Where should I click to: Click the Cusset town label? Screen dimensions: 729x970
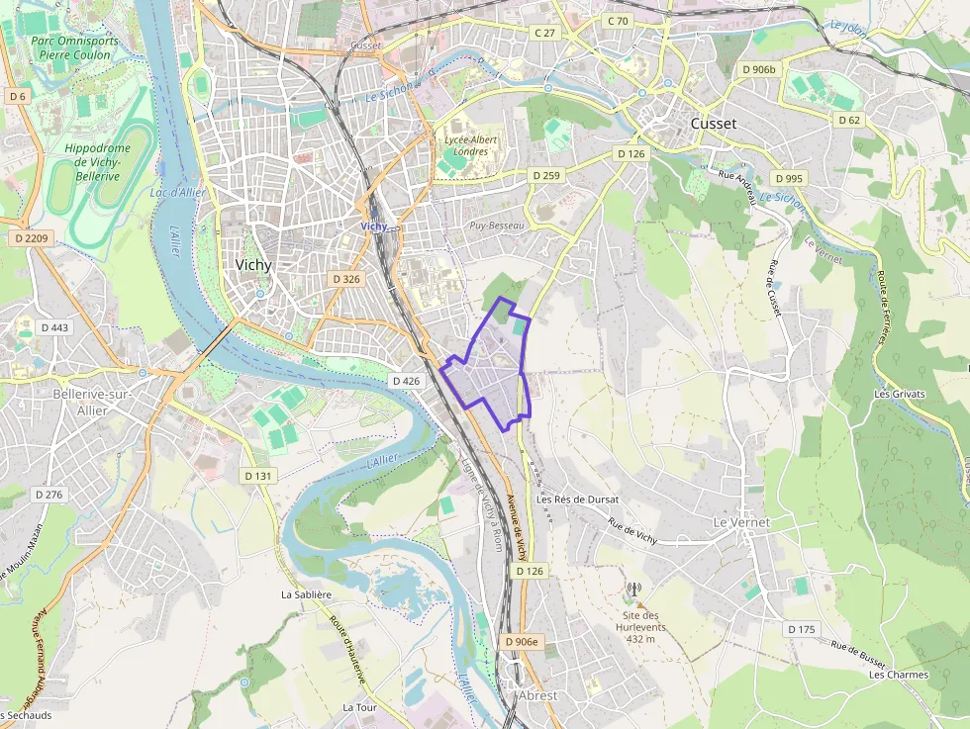coord(713,124)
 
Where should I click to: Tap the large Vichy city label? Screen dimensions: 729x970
coord(254,265)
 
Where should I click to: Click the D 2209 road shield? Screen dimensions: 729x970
coord(32,238)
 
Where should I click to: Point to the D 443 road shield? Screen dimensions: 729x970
coord(54,327)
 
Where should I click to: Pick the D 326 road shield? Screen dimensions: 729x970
coord(346,279)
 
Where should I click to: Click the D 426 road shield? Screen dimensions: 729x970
coord(406,381)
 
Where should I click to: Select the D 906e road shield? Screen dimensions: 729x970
coord(522,642)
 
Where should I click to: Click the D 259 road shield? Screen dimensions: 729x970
coord(545,175)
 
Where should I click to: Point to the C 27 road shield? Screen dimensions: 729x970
coord(545,33)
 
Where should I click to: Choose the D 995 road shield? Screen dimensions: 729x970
coord(789,178)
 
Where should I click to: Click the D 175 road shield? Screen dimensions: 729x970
coord(802,629)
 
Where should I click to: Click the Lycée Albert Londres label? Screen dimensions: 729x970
coord(471,145)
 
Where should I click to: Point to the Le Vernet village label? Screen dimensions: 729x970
coord(741,521)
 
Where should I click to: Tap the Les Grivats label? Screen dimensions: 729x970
coord(899,394)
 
